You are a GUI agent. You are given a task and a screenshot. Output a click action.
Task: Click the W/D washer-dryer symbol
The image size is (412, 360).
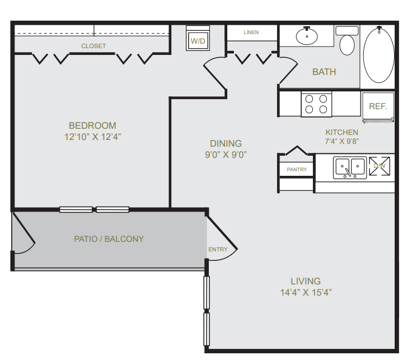coord(198,39)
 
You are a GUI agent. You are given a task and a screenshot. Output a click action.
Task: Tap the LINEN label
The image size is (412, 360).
coord(251,32)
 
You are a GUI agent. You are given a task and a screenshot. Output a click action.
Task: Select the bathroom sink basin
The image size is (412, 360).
coord(307,36)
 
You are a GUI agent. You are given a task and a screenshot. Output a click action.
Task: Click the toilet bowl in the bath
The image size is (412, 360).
coord(347,45)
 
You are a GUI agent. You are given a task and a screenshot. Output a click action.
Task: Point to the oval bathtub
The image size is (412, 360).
coord(378,55)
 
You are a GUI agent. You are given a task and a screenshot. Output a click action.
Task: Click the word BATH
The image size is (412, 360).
coord(324,72)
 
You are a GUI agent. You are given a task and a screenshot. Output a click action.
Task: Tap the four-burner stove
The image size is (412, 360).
coord(316,104)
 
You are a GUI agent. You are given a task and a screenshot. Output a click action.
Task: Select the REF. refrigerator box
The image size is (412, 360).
coord(378,107)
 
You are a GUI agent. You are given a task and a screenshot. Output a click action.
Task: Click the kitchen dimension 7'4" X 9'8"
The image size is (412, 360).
coord(342,142)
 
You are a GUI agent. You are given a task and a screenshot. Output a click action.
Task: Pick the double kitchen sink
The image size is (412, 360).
coord(350,167)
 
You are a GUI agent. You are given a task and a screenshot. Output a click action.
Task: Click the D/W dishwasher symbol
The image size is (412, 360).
coord(380,166)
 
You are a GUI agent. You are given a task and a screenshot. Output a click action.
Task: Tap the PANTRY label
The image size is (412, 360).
coord(297,170)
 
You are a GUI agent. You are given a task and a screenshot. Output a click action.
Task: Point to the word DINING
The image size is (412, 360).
coord(226,143)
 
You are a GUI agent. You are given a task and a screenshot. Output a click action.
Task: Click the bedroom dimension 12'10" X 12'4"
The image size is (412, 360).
coord(93,137)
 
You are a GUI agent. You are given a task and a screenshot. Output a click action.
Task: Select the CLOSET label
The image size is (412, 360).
coord(93,46)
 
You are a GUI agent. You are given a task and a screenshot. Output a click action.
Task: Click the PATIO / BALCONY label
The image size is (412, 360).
coord(109,239)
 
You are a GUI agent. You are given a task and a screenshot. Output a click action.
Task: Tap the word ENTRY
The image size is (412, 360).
coord(218,249)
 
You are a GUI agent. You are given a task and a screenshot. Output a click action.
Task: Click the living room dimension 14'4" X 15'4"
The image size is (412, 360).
coord(306,292)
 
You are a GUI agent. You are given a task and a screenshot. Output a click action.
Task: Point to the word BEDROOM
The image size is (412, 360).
coord(92,125)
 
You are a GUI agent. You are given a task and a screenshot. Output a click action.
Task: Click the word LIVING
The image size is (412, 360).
coord(306,281)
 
